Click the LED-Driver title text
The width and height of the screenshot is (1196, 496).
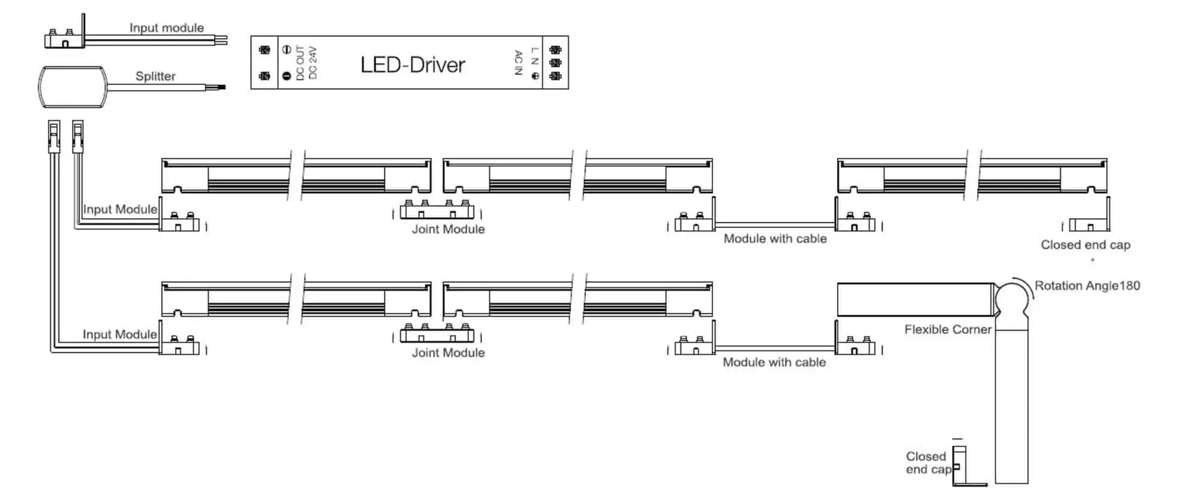(412, 65)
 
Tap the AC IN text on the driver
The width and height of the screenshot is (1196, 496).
(517, 62)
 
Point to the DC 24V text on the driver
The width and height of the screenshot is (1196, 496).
(313, 62)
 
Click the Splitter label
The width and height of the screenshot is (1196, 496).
(155, 76)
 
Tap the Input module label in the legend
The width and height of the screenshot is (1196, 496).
(167, 28)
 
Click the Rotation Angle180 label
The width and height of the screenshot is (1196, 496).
(1087, 286)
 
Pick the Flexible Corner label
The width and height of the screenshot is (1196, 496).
(948, 329)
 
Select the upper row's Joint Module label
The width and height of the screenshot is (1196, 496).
(448, 229)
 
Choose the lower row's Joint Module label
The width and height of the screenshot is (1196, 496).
(448, 353)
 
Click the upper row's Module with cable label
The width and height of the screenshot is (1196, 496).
(775, 238)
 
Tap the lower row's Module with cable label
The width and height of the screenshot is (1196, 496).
(774, 362)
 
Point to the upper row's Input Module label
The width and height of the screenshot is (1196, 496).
(120, 209)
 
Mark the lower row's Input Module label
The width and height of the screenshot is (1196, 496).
(120, 334)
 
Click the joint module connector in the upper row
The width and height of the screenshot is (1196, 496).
(437, 211)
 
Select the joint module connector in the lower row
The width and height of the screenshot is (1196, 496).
(437, 334)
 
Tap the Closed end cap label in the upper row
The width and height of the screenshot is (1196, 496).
(1085, 245)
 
